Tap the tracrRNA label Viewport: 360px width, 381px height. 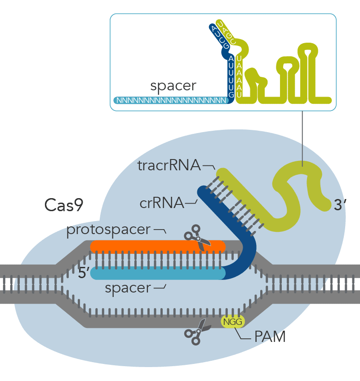(169, 166)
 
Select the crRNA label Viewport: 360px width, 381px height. (161, 203)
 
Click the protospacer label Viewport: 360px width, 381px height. (108, 230)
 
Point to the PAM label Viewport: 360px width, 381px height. (270, 337)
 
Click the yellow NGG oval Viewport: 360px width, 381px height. (232, 321)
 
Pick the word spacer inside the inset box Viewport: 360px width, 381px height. (173, 86)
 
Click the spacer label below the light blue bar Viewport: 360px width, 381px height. (128, 288)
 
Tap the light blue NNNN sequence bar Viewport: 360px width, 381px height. (171, 100)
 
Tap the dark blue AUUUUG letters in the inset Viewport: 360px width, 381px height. (231, 77)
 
